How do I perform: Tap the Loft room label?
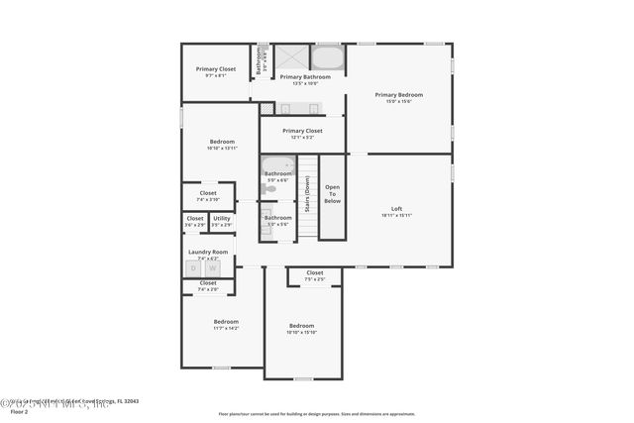[396, 209]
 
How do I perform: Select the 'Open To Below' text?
[332, 194]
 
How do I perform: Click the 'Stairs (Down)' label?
[307, 194]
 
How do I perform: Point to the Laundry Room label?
[208, 252]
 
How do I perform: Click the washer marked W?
[211, 267]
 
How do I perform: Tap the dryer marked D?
[194, 267]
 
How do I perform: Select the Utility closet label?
[221, 218]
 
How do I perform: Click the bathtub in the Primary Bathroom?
[328, 57]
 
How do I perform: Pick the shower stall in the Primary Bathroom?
[290, 57]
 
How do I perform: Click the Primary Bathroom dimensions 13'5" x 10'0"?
[304, 83]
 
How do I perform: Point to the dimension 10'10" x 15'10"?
[301, 332]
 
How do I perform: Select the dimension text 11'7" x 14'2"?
[226, 328]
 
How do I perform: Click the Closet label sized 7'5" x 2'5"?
[314, 272]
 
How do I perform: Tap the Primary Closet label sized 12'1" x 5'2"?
[302, 131]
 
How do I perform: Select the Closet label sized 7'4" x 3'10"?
[208, 193]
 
